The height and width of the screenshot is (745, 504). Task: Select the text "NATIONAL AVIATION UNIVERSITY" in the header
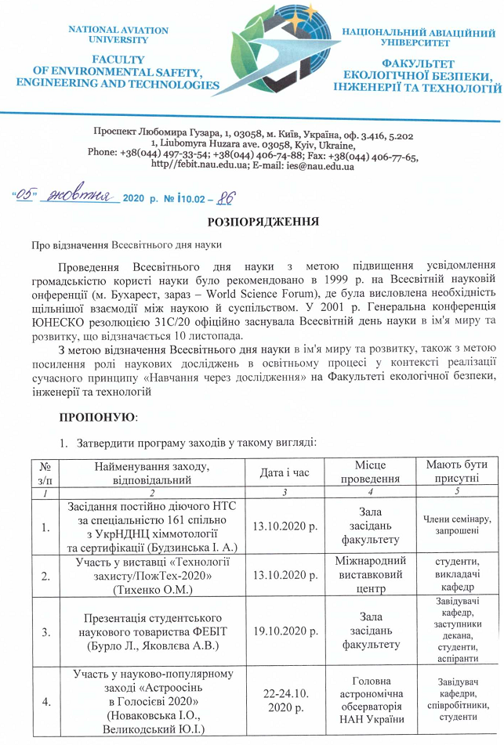(x=118, y=34)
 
